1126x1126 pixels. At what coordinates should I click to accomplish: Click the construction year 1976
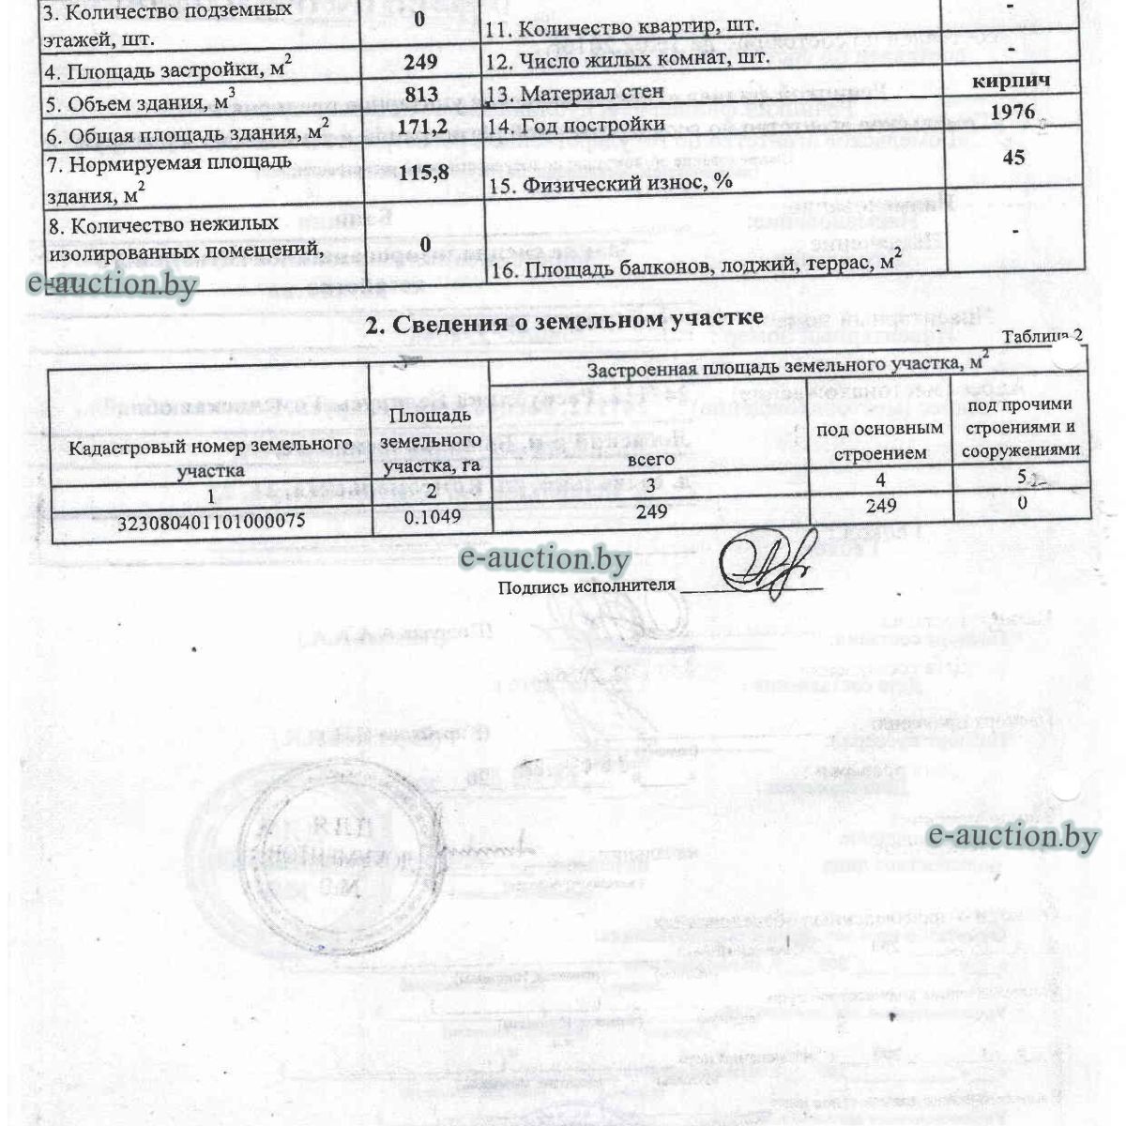pos(1012,112)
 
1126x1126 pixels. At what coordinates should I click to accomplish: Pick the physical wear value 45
pos(1013,157)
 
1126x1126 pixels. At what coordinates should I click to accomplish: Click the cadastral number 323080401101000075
pos(211,524)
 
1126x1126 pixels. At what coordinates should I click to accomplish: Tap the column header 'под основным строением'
pos(879,440)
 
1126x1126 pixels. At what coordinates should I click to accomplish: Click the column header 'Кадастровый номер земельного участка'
pos(211,456)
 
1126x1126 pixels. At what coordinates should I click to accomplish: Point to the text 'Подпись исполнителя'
pos(586,586)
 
